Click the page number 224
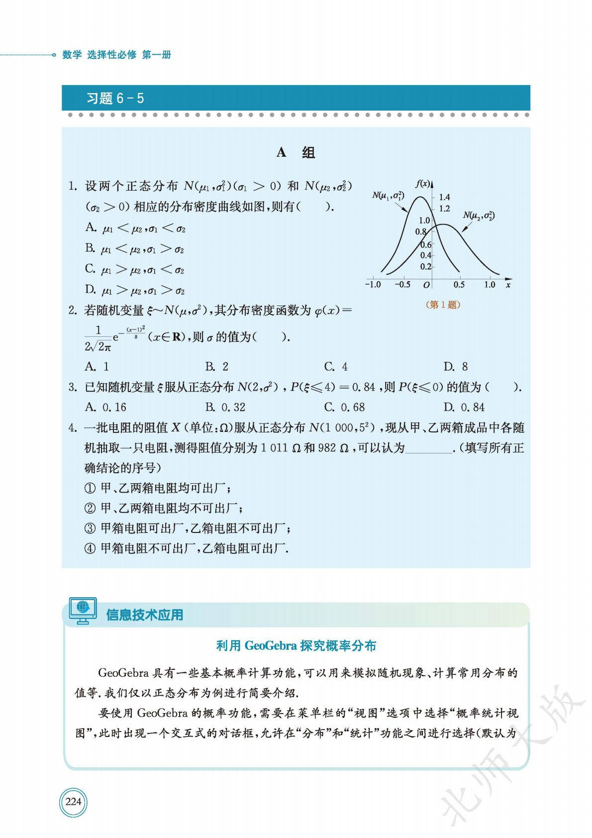73,802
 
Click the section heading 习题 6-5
115,98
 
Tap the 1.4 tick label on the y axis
444,197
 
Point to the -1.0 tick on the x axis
373,285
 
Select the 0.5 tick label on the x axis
459,285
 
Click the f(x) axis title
422,184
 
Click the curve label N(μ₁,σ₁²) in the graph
388,196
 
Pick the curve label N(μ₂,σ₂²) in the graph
479,215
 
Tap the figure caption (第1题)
443,305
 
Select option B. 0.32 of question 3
225,407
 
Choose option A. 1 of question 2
97,367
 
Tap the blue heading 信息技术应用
144,615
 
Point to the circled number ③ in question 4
90,528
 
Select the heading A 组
296,153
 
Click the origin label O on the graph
426,285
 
